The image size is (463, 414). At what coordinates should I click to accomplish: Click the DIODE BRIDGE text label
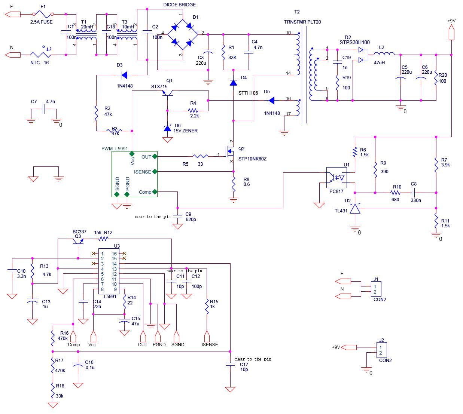[x=179, y=5]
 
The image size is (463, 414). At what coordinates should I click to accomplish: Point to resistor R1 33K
[x=223, y=52]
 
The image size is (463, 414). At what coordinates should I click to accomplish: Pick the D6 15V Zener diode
[x=167, y=128]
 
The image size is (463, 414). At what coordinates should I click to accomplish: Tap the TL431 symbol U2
[x=355, y=208]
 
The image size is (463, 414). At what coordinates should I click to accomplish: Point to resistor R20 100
[x=436, y=77]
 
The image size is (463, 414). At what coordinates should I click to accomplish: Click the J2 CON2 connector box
[x=381, y=350]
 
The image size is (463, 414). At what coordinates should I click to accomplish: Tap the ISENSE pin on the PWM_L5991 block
[x=154, y=172]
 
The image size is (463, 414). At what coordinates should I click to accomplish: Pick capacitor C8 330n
[x=414, y=193]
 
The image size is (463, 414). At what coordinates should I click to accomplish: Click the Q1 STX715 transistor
[x=166, y=94]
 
